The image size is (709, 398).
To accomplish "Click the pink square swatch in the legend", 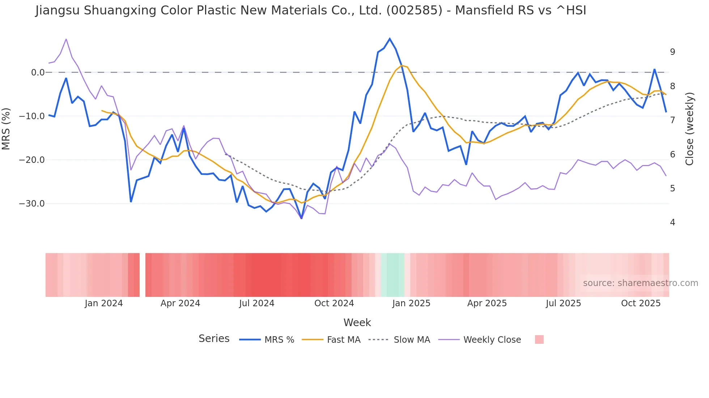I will point(539,339).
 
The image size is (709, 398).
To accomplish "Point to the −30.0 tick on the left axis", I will point(32,204).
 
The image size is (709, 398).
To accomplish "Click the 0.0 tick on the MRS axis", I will point(38,73).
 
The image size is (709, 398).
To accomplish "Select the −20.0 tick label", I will point(32,160).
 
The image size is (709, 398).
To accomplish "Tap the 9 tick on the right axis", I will point(672,52).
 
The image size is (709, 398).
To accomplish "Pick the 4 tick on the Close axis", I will point(672,222).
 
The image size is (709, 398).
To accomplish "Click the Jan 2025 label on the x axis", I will point(411,303).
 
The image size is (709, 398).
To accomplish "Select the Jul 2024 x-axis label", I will point(257,303).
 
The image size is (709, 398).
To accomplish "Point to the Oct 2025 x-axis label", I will point(641,303).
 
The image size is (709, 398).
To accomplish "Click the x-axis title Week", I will point(357,323).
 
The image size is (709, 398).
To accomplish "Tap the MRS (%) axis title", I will point(6,129).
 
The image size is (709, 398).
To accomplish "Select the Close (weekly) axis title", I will point(689,129).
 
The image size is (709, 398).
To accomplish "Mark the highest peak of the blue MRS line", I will point(390,39).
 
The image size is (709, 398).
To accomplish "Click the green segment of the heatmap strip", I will point(392,275).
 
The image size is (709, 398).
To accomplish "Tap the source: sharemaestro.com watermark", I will point(640,283).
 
